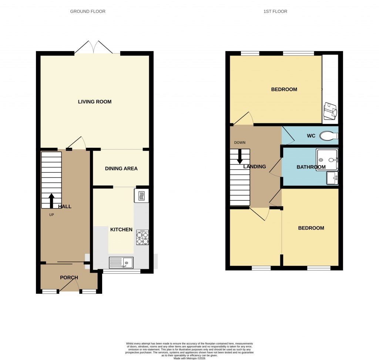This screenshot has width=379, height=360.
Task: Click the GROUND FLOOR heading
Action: tap(88, 11)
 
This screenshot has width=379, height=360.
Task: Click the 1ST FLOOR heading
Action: tap(275, 11)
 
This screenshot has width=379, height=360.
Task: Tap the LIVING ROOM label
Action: tap(94, 102)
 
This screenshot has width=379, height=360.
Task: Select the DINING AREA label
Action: tap(121, 169)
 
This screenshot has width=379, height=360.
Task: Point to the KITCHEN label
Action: tap(121, 230)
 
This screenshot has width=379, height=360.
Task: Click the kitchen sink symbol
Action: tap(121, 263)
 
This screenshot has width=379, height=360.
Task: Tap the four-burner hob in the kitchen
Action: tap(142, 237)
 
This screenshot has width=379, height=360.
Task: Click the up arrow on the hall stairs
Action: tap(51, 200)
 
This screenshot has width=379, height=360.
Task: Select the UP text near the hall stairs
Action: tap(51, 215)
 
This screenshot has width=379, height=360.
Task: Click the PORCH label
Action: tap(69, 277)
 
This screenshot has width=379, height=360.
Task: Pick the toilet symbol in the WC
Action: tap(328, 136)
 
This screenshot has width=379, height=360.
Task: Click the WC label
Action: tap(311, 136)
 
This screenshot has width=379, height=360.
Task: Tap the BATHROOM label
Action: tap(311, 167)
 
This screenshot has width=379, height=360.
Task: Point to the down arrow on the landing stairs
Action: tap(240, 156)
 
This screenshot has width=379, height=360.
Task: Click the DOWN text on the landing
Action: tap(239, 143)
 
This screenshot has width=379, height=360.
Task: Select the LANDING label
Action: tap(254, 167)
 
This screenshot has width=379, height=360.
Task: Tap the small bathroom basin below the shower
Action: tap(332, 178)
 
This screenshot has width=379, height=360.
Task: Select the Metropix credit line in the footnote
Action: tap(189, 357)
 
